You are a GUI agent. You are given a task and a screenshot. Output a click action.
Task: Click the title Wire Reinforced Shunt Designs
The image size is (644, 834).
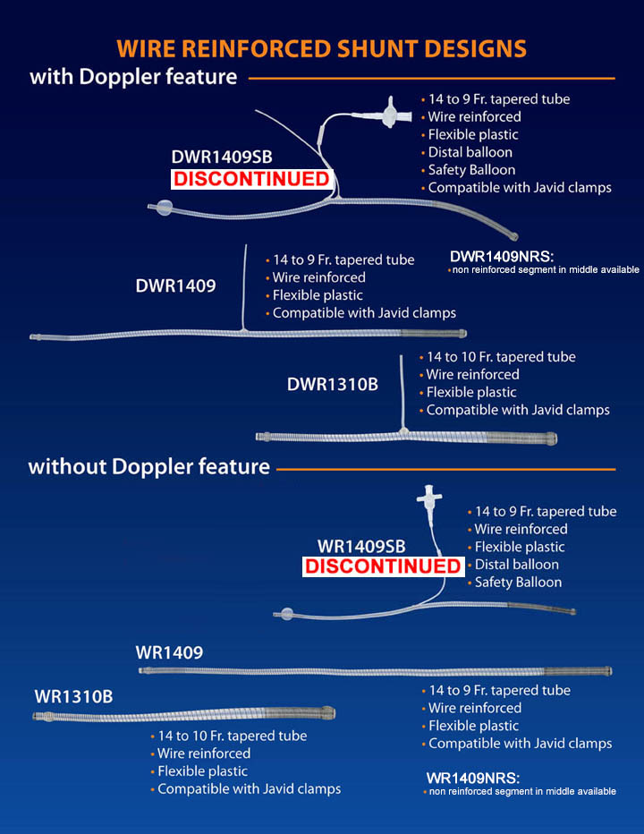322,47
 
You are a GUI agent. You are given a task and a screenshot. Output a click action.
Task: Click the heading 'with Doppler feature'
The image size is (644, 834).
133,77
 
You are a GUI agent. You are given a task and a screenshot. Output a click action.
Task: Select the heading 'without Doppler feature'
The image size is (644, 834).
148,466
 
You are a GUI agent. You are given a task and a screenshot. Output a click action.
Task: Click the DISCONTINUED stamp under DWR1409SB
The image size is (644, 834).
250,179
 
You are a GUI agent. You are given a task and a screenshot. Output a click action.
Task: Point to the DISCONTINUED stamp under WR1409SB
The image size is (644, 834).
383,566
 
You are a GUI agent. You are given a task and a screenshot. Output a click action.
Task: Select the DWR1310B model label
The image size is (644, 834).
333,384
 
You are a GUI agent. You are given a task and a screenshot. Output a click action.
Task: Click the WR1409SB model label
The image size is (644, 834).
361,546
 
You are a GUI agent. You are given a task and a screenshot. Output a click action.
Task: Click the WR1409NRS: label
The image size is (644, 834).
473,778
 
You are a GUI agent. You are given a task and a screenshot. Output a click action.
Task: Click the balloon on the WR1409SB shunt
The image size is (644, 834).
287,614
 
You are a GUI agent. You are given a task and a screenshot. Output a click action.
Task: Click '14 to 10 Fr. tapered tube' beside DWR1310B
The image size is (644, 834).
501,357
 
